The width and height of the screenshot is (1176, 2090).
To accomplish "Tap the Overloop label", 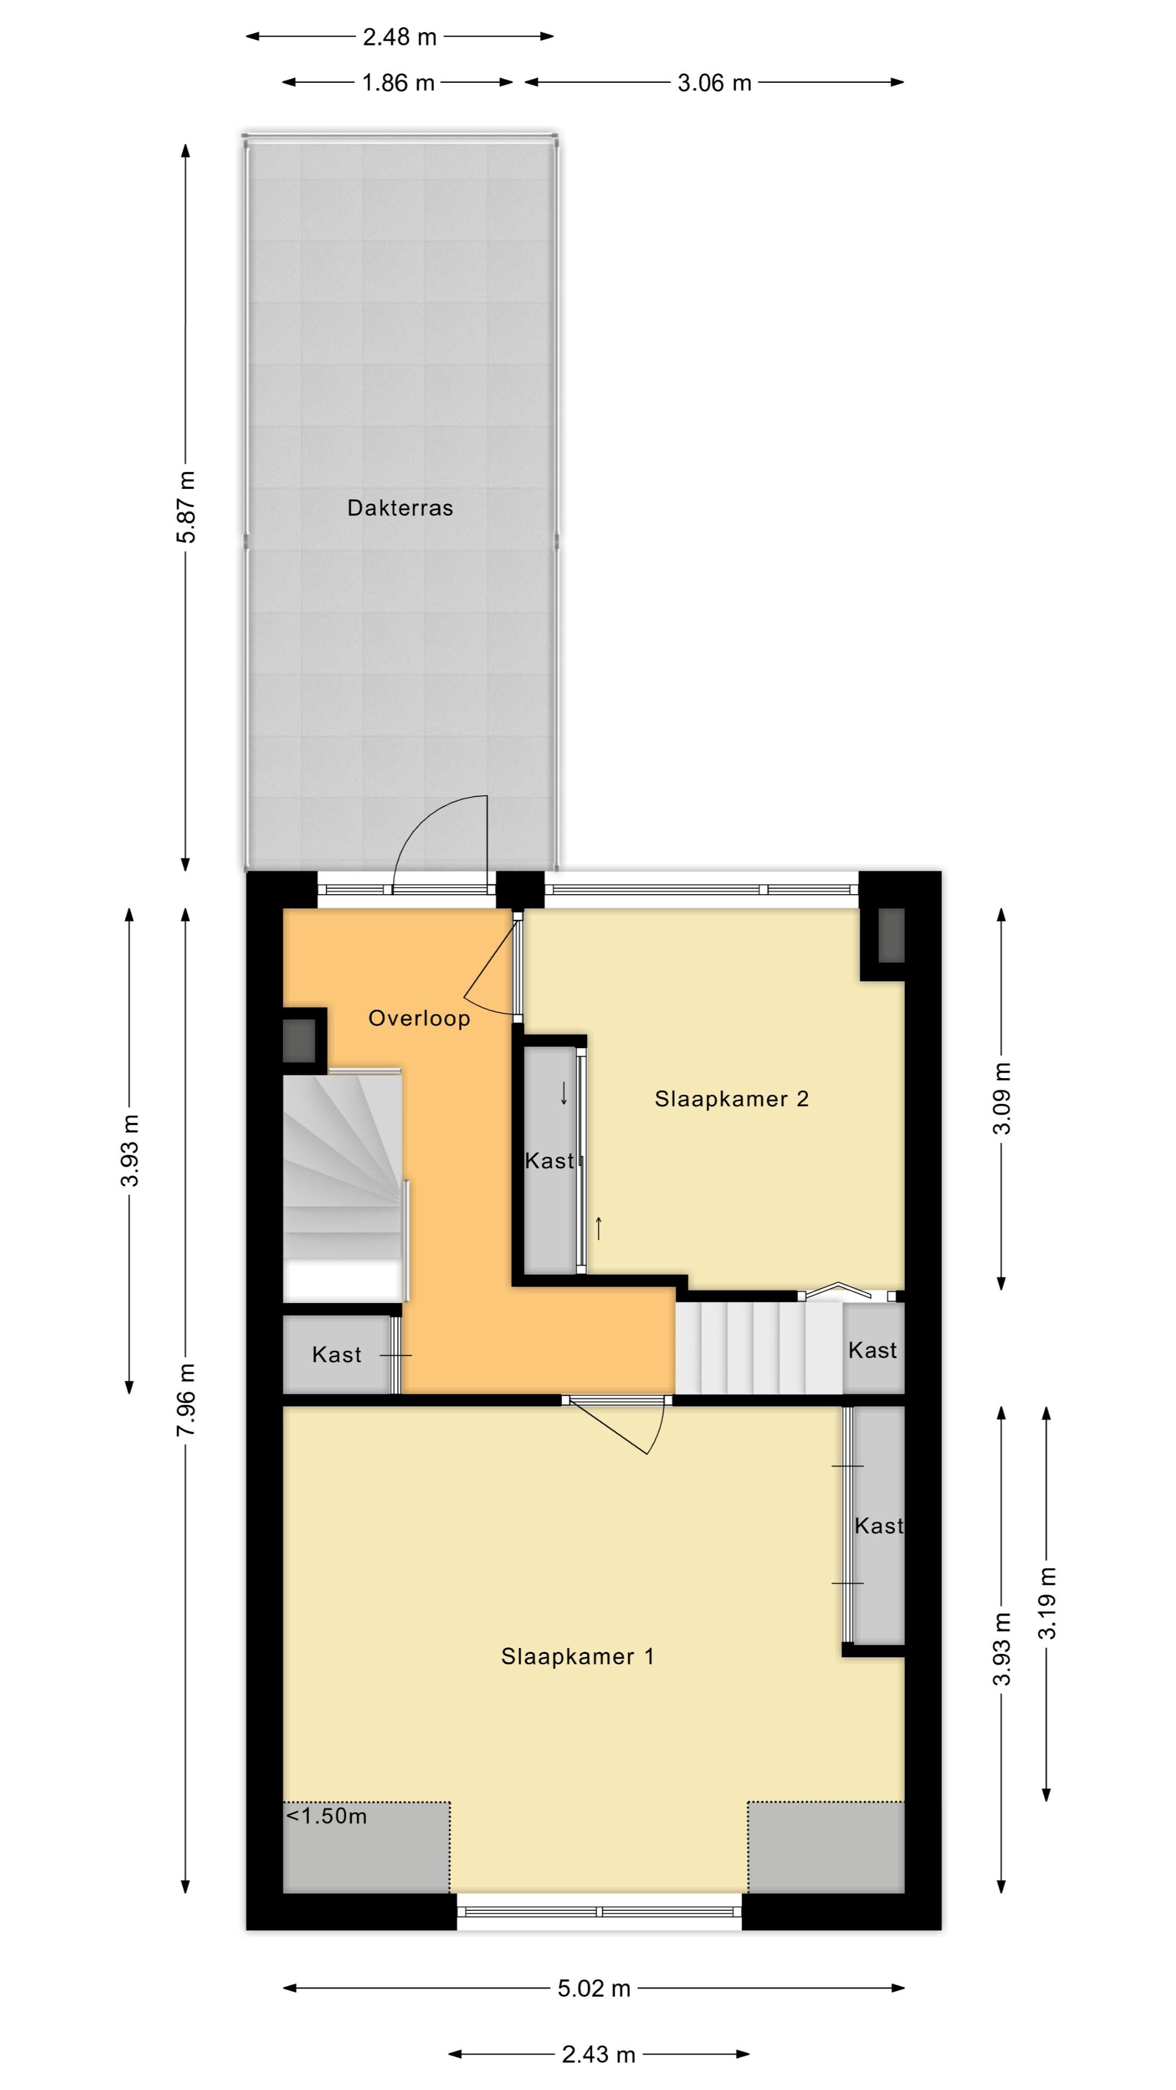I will point(419,1018).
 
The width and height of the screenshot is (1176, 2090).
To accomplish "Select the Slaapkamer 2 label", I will point(731,1099).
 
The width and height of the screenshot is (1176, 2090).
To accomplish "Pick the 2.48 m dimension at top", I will point(399,36).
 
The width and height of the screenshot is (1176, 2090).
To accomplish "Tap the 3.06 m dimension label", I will point(714,83).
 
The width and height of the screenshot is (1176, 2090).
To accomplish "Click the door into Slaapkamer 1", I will point(617,1424).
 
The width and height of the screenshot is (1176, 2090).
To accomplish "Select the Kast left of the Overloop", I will point(336,1354).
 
